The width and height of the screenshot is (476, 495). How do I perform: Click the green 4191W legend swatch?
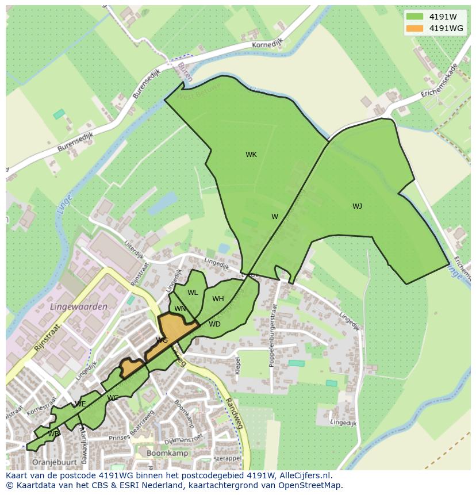(x=414, y=16)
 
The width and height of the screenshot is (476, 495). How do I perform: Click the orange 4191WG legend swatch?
(x=414, y=28)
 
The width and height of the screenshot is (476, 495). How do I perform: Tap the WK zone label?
(x=251, y=155)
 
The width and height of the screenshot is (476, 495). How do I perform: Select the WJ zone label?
(x=357, y=206)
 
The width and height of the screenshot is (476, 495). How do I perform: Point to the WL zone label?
(x=193, y=293)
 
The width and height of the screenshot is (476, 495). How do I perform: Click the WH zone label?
(x=218, y=299)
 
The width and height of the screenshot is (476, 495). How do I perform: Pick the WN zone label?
(x=180, y=309)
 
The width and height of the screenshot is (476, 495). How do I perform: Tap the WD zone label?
(x=214, y=324)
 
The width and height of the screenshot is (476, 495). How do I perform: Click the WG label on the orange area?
(x=162, y=340)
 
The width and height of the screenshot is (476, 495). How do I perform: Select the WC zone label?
(x=113, y=398)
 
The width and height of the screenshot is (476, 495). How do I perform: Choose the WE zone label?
(x=80, y=404)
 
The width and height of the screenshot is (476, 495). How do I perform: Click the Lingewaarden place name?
(x=79, y=307)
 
